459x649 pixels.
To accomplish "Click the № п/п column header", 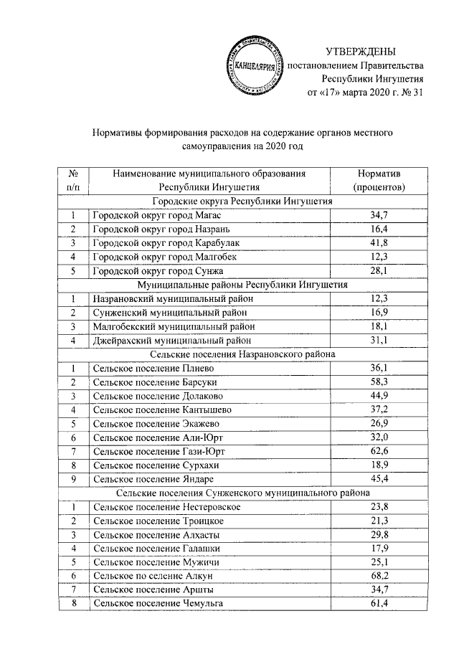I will click(73, 180).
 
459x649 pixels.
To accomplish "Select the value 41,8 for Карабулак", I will click(379, 242).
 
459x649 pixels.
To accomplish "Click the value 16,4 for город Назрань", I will click(379, 229).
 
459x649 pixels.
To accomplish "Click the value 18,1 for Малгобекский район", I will click(379, 326).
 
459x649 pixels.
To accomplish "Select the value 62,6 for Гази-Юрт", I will click(379, 451).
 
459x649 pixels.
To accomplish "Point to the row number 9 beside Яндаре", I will click(73, 478).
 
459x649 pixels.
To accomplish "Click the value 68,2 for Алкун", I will click(379, 576).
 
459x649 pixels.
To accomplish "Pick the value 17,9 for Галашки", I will click(379, 549).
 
